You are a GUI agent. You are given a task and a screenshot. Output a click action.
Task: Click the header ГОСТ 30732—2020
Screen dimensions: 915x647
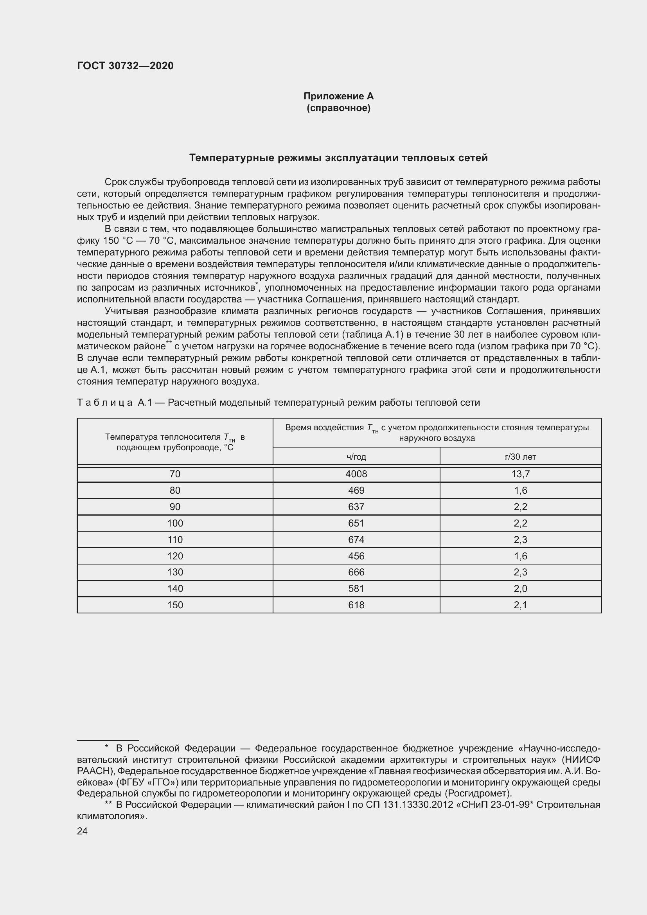pos(125,66)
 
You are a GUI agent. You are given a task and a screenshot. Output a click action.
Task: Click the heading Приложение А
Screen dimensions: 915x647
pos(338,96)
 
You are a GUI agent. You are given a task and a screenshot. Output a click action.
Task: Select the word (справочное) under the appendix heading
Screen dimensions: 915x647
pos(338,108)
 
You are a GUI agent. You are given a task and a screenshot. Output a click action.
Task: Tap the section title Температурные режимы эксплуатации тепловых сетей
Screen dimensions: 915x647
pos(338,158)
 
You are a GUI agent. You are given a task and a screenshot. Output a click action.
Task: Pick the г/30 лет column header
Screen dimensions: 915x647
pos(520,457)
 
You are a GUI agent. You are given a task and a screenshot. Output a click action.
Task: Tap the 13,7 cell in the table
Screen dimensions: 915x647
pos(520,474)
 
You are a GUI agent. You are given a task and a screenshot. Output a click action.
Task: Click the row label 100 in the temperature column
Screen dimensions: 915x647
pos(175,523)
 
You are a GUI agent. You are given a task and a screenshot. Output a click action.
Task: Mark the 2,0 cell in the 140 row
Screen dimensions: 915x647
pos(520,589)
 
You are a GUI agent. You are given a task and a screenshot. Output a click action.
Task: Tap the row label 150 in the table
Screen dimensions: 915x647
pos(175,605)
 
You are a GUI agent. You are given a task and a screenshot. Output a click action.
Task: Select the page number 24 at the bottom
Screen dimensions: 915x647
pos(82,831)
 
